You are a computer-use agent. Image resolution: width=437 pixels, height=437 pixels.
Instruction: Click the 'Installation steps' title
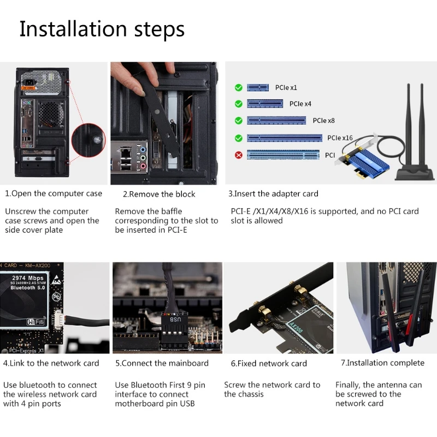pyautogui.click(x=102, y=29)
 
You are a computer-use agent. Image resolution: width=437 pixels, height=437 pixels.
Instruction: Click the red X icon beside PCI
pyautogui.click(x=238, y=155)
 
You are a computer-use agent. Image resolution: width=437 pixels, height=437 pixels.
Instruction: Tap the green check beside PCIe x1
pyautogui.click(x=238, y=87)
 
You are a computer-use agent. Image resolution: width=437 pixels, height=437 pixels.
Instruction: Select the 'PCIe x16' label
pyautogui.click(x=340, y=138)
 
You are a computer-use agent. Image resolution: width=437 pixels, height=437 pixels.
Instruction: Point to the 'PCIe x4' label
pyautogui.click(x=300, y=104)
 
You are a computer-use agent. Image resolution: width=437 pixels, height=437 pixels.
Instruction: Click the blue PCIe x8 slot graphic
pyautogui.click(x=276, y=121)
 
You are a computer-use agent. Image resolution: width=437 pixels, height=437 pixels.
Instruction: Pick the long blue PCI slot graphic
pyautogui.click(x=283, y=155)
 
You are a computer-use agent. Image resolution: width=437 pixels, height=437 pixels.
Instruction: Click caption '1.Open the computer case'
pyautogui.click(x=54, y=193)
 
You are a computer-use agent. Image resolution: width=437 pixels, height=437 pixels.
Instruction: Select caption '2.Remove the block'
pyautogui.click(x=158, y=194)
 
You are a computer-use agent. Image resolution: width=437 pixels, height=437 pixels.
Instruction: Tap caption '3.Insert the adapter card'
pyautogui.click(x=273, y=193)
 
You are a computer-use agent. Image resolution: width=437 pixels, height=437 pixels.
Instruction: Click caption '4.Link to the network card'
pyautogui.click(x=51, y=363)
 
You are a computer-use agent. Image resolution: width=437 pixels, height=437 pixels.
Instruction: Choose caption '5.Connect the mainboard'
pyautogui.click(x=162, y=363)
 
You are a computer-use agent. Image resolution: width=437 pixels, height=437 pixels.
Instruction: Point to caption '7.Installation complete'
pyautogui.click(x=382, y=363)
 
